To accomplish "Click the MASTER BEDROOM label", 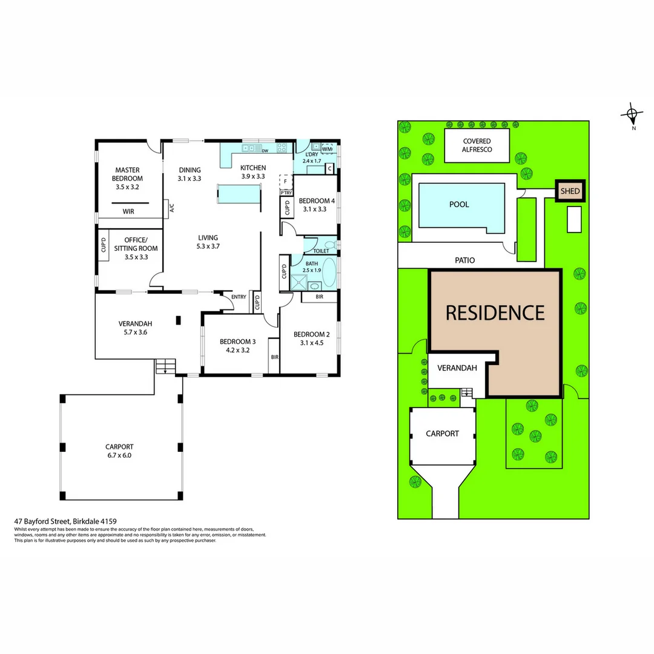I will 128,174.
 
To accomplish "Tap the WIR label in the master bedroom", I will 128,211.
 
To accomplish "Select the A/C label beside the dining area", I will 172,208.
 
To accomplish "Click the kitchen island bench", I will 238,194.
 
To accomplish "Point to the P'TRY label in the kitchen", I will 286,193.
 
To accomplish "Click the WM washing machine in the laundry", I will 327,148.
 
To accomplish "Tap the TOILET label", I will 321,250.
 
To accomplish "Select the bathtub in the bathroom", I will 329,272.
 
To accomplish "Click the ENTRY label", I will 239,297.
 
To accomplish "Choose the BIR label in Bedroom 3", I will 274,357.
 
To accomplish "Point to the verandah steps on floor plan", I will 165,366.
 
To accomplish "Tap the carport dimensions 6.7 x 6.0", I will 120,455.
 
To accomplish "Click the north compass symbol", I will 633,113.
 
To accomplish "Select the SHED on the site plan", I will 570,191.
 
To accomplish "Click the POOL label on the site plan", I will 459,204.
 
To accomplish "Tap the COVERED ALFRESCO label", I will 477,145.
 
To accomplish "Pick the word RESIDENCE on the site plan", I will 495,312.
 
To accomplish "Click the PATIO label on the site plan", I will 464,260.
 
